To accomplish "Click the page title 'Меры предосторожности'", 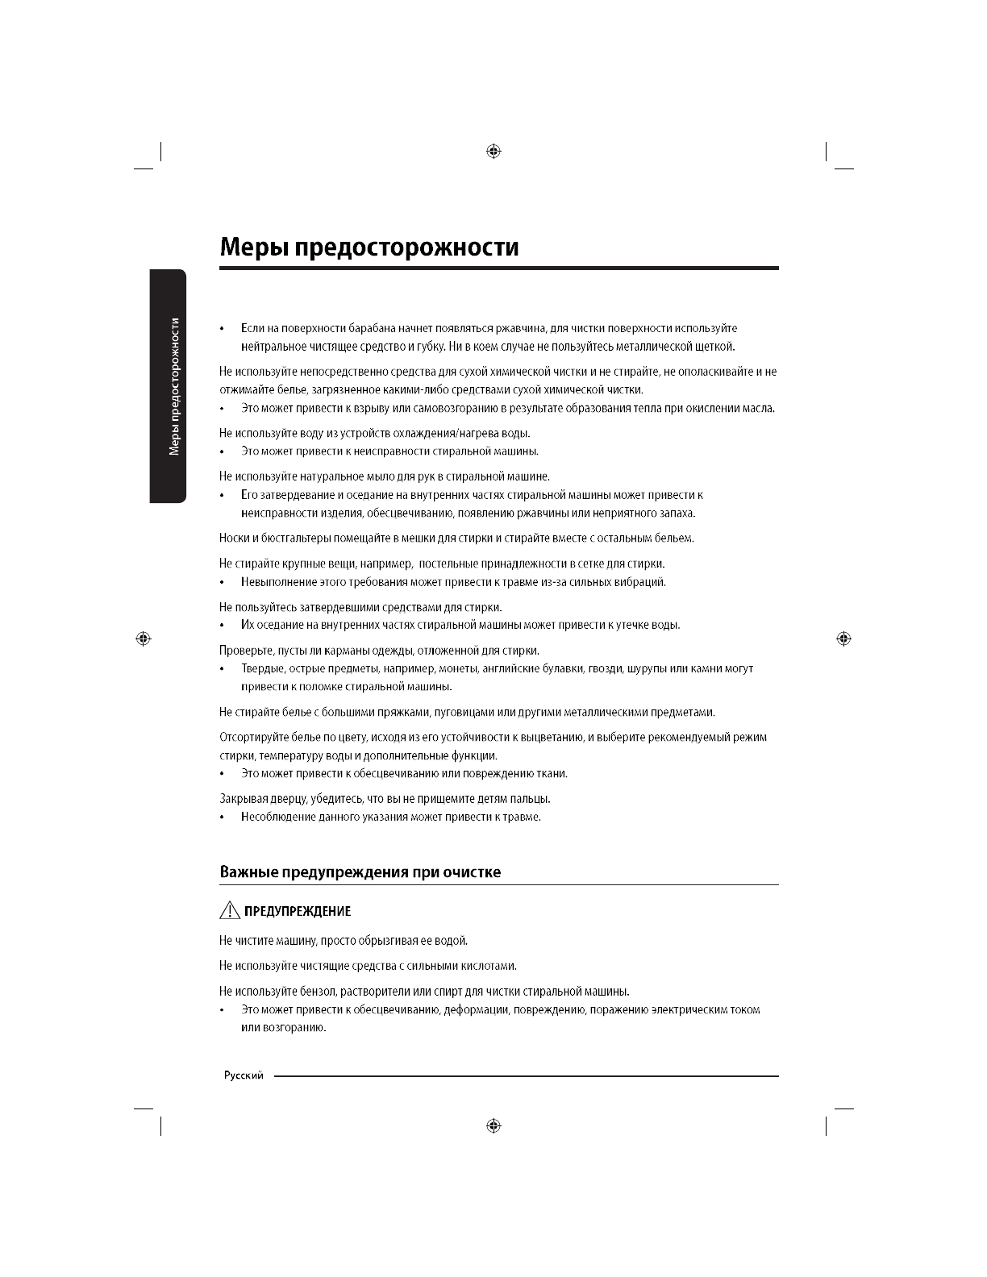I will coord(369,247).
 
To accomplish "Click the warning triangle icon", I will coord(229,911).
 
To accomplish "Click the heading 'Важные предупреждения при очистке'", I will coord(360,872).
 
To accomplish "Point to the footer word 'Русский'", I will coord(244,1076).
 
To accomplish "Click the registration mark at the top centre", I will coord(494,151).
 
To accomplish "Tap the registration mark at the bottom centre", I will coord(494,1125).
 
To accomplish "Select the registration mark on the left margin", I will coord(144,638).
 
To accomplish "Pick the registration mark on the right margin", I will coord(844,638).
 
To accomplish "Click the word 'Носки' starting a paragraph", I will coord(234,539).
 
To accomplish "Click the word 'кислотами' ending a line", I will coord(489,966).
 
